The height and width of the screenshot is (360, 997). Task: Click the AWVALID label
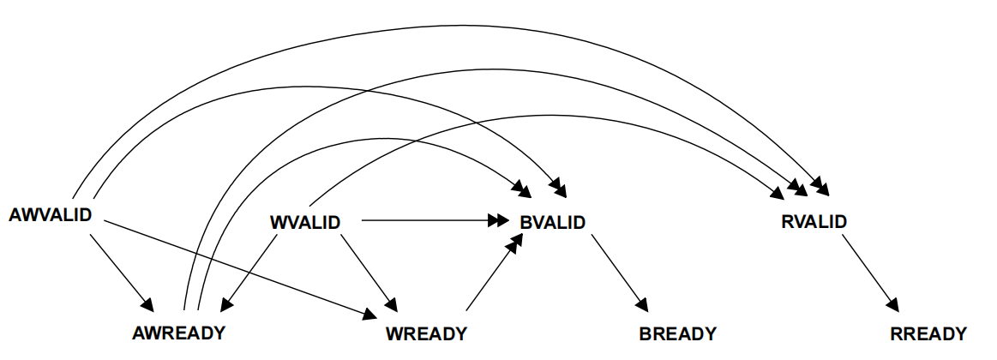[50, 214]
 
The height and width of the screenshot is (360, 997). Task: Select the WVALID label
[305, 223]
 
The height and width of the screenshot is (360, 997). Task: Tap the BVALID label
[553, 223]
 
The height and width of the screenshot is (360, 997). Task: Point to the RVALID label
[814, 222]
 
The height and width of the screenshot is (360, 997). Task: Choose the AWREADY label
[179, 333]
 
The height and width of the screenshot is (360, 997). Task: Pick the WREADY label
[426, 333]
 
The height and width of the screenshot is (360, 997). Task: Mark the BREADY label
[677, 333]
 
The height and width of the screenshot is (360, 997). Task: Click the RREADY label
[928, 333]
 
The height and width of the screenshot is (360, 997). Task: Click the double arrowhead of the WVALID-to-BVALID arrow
[500, 221]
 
